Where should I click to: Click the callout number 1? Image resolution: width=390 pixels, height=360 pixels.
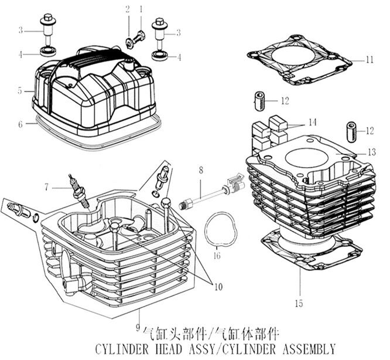(141, 9)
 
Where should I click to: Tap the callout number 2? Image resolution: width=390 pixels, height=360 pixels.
(126, 9)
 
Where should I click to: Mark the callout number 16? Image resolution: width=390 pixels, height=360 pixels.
(217, 256)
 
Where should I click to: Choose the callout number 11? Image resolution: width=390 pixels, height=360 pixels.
(369, 60)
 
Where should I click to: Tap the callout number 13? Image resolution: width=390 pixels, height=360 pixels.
(371, 152)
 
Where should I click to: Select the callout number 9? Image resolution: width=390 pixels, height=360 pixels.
(136, 327)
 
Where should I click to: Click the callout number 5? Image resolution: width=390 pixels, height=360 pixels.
(20, 91)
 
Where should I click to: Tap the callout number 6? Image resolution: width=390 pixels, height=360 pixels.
(20, 124)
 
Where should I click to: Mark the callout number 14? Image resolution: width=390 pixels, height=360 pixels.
(312, 123)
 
